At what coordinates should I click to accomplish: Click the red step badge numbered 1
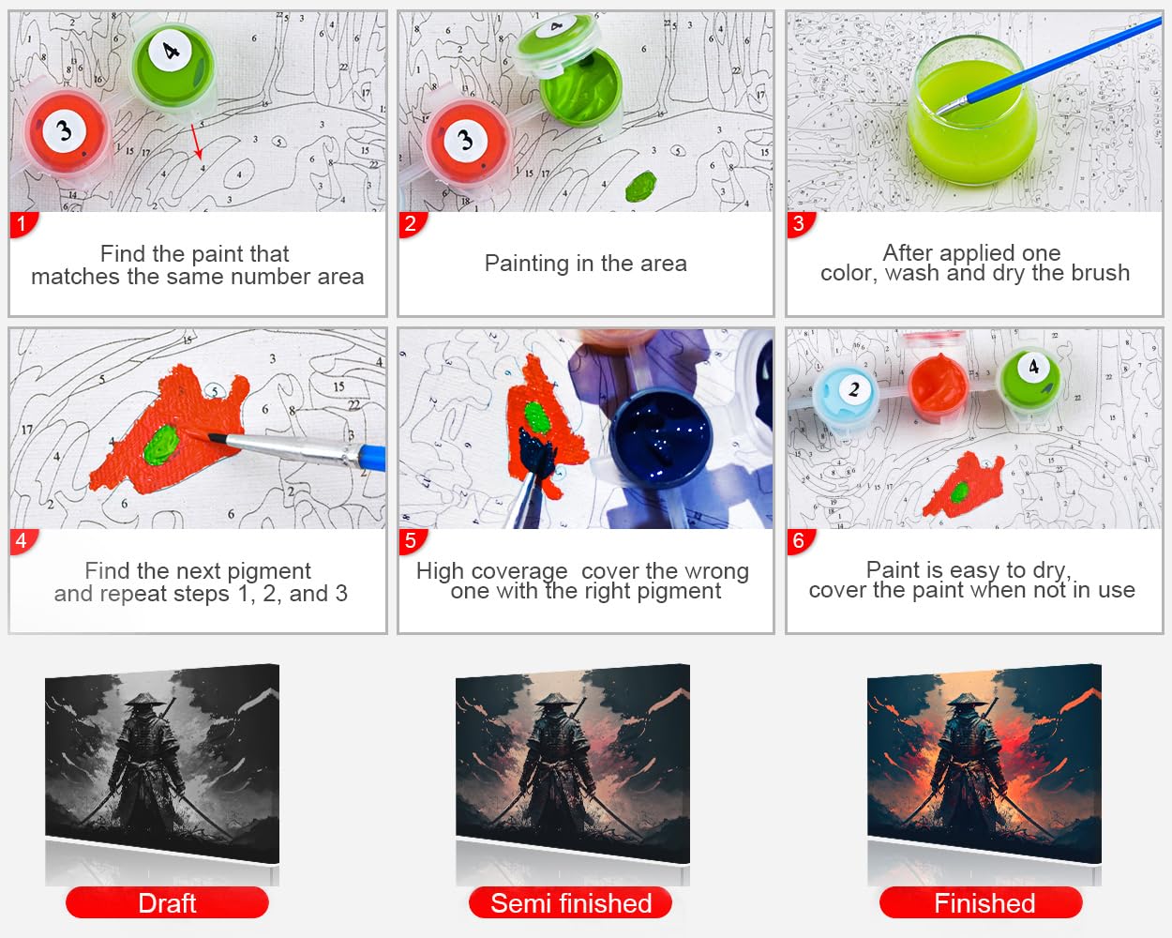coord(23,224)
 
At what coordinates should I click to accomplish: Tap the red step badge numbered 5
coord(412,541)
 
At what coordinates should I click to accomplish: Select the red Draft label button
coord(167,902)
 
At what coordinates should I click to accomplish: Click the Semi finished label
coord(571,902)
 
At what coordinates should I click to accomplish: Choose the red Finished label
coord(981,902)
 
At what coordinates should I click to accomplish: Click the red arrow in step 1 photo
coord(197,141)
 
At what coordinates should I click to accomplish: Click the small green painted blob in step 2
coord(640,186)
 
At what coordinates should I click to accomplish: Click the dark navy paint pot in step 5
coord(659,437)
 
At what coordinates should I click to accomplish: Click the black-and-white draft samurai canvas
coord(162,764)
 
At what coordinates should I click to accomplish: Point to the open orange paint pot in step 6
coord(939,386)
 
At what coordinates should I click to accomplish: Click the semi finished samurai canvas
coord(573,764)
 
